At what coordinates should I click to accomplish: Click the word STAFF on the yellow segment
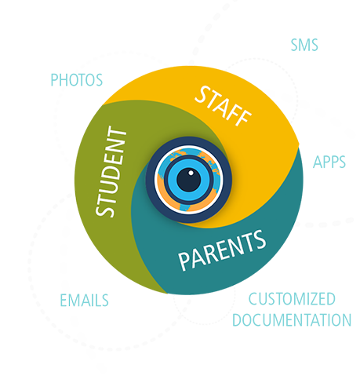click(223, 106)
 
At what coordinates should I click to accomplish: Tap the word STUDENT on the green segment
click(111, 172)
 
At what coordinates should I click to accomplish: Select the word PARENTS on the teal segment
click(222, 250)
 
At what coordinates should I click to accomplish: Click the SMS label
click(304, 45)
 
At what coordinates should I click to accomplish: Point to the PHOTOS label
click(77, 80)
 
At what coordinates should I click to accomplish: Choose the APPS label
click(329, 162)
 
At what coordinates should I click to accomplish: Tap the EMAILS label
click(84, 300)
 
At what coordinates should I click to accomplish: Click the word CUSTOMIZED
click(292, 299)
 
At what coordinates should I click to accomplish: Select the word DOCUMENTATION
click(292, 319)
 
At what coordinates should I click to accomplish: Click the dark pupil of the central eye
click(189, 180)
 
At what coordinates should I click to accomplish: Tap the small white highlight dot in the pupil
click(191, 173)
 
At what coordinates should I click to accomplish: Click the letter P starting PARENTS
click(185, 261)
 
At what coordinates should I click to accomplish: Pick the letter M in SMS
click(304, 45)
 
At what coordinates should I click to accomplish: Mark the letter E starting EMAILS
click(64, 300)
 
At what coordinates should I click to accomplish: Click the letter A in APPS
click(317, 162)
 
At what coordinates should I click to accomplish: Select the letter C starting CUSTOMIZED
click(253, 299)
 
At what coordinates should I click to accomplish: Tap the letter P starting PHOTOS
click(54, 80)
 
